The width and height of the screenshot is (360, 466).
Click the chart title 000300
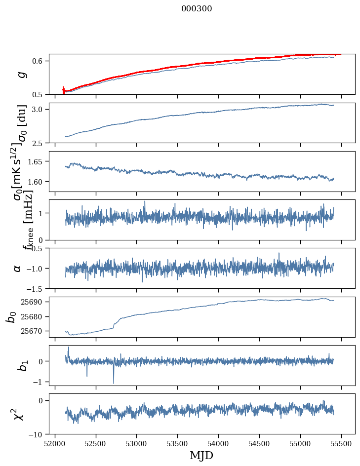[197, 9]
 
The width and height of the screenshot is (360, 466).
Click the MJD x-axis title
[201, 456]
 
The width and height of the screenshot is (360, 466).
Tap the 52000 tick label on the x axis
[55, 443]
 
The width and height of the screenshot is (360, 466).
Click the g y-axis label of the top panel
[21, 75]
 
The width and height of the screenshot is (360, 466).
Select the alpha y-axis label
[18, 268]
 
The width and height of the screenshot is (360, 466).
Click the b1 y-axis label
[21, 365]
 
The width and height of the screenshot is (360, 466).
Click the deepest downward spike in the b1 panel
[114, 383]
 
